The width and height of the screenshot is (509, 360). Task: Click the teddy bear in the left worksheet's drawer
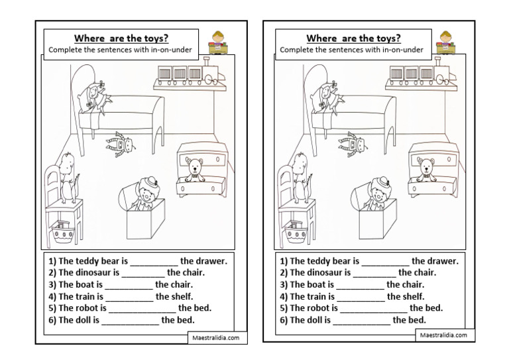194,170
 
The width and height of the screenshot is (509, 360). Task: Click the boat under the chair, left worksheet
64,230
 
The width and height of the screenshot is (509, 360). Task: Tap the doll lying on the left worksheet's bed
97,95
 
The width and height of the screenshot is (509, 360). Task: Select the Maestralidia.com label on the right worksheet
443,336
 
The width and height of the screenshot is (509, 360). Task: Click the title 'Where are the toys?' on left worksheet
126,37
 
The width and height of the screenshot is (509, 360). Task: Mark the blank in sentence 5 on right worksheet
373,308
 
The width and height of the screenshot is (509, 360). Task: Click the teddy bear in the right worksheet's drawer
425,170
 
